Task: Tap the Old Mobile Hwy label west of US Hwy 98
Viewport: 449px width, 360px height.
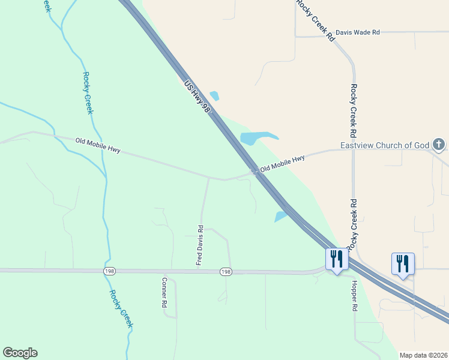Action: click(98, 145)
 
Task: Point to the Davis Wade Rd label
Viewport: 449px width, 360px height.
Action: click(358, 32)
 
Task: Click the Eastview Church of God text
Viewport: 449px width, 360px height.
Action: click(384, 145)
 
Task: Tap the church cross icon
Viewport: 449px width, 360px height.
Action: click(439, 144)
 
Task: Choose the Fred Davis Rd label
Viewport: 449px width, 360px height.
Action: click(200, 245)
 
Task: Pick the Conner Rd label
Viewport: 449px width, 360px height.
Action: click(164, 292)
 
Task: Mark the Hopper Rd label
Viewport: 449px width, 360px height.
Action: click(354, 296)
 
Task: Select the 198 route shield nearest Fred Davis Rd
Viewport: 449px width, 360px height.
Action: click(225, 272)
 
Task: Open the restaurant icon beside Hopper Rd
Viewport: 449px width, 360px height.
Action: click(336, 259)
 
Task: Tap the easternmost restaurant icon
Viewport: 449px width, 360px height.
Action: click(402, 263)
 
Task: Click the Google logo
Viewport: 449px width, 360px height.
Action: click(20, 353)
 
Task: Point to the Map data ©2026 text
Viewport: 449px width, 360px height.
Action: click(423, 355)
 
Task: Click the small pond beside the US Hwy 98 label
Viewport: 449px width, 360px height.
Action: click(214, 95)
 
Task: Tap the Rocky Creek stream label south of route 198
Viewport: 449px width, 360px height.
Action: click(121, 309)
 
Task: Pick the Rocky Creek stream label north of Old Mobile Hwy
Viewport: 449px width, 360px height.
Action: click(88, 93)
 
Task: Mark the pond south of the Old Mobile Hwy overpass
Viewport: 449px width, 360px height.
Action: click(281, 216)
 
